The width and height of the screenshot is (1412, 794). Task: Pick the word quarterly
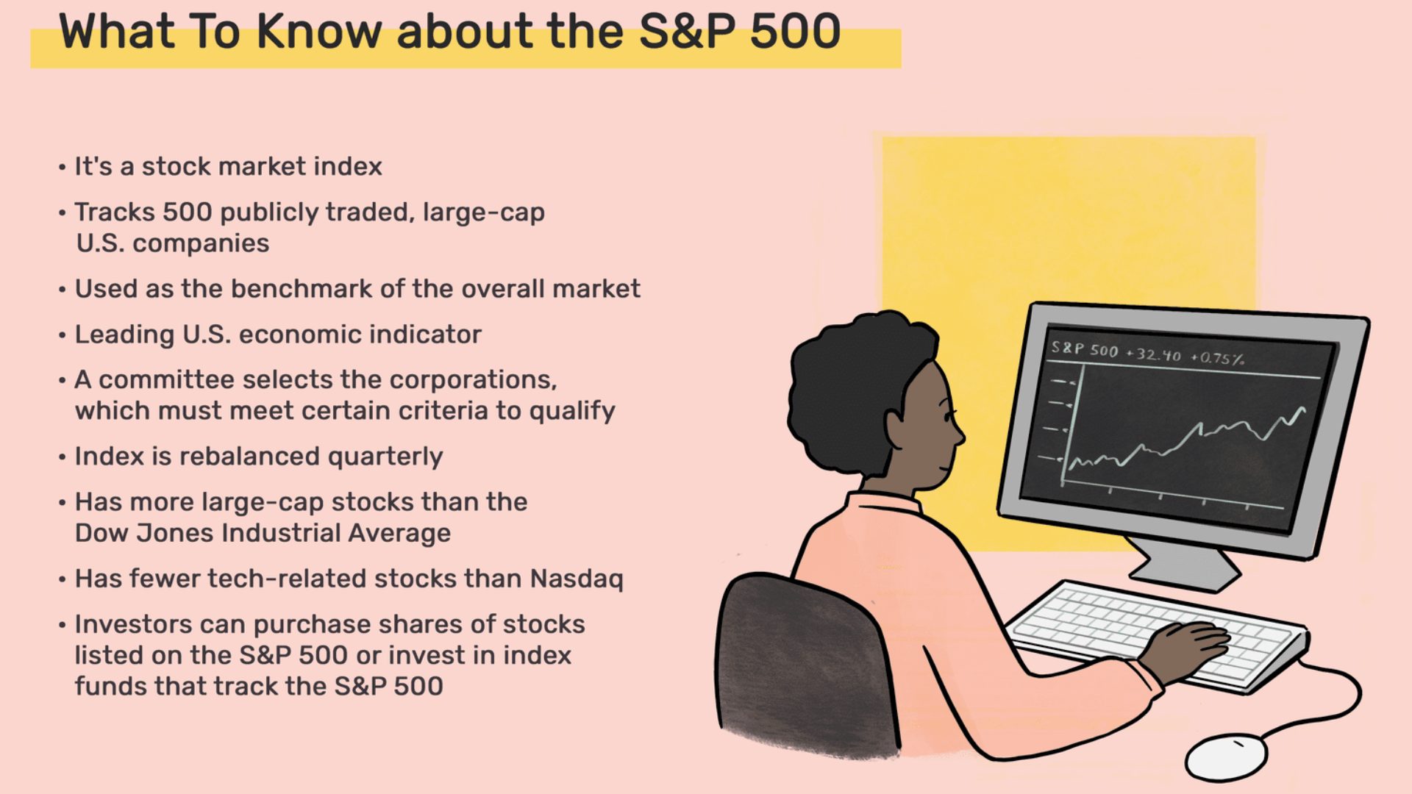point(385,457)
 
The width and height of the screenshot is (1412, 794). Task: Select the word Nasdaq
point(577,579)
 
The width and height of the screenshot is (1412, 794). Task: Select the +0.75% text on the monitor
point(1218,358)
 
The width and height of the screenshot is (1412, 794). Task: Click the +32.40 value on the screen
point(1153,354)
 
